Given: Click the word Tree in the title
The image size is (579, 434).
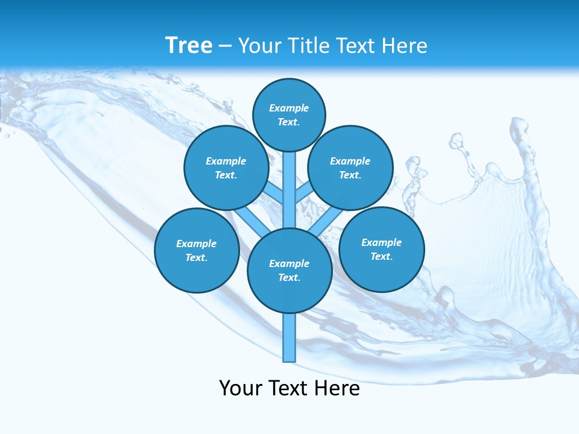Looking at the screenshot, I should tap(189, 45).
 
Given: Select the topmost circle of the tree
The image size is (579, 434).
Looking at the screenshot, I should tap(289, 115).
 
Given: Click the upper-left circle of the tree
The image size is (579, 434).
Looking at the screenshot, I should tap(226, 168).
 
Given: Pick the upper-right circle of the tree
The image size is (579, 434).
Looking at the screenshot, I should tap(350, 168).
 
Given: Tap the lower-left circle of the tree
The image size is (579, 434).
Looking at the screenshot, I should tap(197, 250).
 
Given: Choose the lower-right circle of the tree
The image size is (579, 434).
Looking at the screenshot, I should tap(381, 249).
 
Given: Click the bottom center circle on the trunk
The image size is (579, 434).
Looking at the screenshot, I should tap(289, 271).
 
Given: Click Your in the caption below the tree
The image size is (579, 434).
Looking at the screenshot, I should tap(241, 388).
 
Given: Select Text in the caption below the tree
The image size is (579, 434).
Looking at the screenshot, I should tap(290, 388).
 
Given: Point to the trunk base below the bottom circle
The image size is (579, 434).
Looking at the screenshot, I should tap(289, 338).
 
